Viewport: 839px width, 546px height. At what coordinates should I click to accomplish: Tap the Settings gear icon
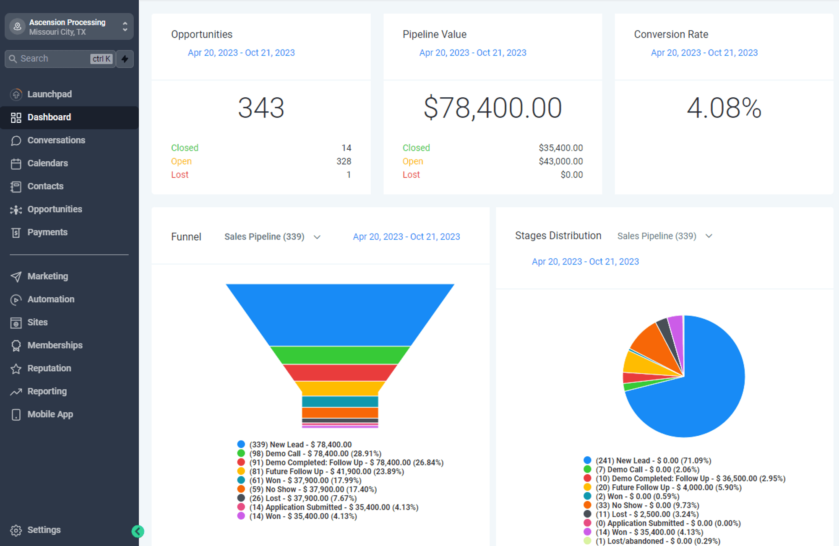click(x=16, y=530)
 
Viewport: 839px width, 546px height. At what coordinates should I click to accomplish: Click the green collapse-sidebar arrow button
click(x=138, y=531)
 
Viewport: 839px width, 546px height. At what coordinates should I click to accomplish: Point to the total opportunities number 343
click(x=261, y=108)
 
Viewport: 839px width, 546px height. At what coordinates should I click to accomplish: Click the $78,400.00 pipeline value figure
click(x=492, y=108)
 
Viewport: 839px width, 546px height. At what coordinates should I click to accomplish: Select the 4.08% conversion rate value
click(x=724, y=108)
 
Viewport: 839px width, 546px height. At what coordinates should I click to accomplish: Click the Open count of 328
click(x=344, y=161)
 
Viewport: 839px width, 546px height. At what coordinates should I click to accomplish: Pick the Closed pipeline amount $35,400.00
click(x=561, y=148)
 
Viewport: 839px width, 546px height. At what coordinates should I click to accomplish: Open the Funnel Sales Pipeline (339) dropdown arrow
click(x=317, y=237)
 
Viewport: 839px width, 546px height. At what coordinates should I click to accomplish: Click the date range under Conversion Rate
click(x=704, y=52)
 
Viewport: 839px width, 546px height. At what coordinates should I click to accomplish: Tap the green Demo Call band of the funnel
click(x=340, y=355)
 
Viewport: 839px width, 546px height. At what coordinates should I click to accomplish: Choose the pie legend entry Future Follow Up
click(x=663, y=487)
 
